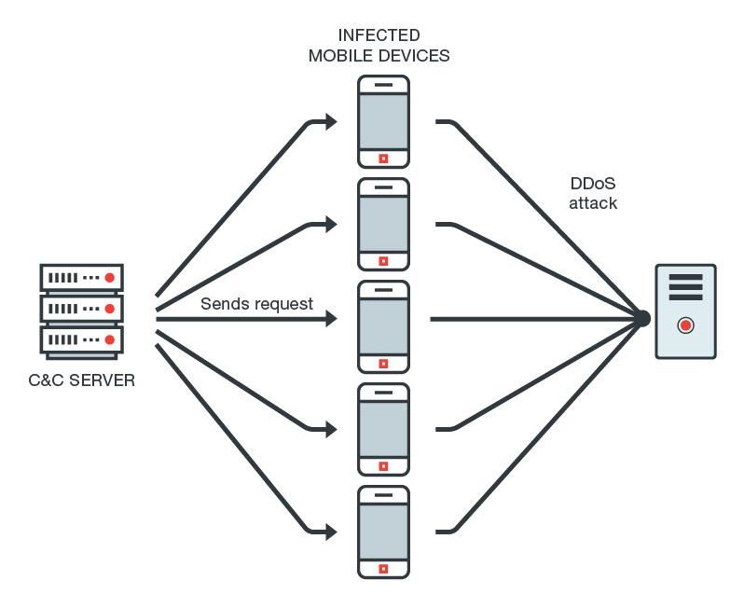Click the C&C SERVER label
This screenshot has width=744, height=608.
[x=82, y=380]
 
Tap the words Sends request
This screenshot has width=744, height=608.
[x=256, y=304]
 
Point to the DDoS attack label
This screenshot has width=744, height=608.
[x=593, y=193]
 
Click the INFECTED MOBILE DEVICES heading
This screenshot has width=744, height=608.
[x=379, y=46]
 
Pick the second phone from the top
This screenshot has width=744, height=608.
[x=383, y=224]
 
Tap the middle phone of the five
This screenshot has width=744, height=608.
[x=383, y=326]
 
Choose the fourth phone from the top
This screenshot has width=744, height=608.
[x=383, y=429]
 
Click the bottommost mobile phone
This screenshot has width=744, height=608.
[x=383, y=532]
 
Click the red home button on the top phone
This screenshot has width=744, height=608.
[x=383, y=158]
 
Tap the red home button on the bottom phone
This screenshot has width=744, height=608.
[x=383, y=568]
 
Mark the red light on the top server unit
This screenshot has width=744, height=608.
[x=109, y=278]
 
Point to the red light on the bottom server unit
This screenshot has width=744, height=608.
[x=109, y=339]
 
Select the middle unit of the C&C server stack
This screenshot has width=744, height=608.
[x=82, y=308]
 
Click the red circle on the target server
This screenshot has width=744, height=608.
[x=686, y=325]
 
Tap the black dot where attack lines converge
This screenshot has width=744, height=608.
[x=641, y=319]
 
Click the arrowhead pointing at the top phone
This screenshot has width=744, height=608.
[x=329, y=121]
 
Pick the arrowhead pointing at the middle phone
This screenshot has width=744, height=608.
[x=329, y=319]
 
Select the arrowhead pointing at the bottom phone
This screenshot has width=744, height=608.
[x=329, y=532]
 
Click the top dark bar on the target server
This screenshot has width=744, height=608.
[x=686, y=278]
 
